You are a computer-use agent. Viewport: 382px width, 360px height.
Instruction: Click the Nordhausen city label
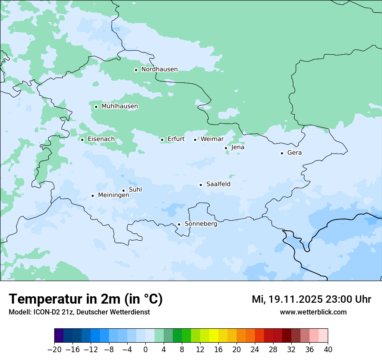pyautogui.click(x=159, y=69)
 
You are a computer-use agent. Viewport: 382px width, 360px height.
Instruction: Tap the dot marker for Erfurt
pyautogui.click(x=162, y=140)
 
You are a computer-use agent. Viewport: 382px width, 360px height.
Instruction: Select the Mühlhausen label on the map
pyautogui.click(x=119, y=106)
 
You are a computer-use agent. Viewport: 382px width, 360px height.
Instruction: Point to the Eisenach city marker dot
pyautogui.click(x=82, y=140)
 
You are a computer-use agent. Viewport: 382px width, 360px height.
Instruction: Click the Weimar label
pyautogui.click(x=212, y=139)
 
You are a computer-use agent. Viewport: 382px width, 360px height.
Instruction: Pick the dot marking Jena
pyautogui.click(x=226, y=148)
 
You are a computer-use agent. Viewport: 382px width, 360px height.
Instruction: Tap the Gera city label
pyautogui.click(x=294, y=153)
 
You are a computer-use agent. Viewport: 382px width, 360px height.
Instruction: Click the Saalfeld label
pyautogui.click(x=218, y=184)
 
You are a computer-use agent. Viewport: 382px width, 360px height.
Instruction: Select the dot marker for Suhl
pyautogui.click(x=123, y=190)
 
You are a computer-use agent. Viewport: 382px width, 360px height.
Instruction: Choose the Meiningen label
pyautogui.click(x=113, y=195)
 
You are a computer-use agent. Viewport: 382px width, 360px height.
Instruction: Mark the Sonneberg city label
pyautogui.click(x=201, y=224)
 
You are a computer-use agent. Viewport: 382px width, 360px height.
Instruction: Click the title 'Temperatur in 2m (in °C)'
pyautogui.click(x=86, y=299)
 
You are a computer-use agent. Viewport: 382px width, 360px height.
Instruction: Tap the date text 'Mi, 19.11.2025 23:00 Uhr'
pyautogui.click(x=311, y=299)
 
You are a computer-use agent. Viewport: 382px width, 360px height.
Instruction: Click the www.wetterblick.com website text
pyautogui.click(x=313, y=312)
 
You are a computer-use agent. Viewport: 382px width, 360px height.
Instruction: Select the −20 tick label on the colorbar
pyautogui.click(x=55, y=350)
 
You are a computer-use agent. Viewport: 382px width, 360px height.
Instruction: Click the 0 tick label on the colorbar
pyautogui.click(x=145, y=350)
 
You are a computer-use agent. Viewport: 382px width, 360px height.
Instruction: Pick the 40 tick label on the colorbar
pyautogui.click(x=328, y=350)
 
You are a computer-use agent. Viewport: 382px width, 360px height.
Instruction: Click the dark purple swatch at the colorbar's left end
pyautogui.click(x=59, y=336)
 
